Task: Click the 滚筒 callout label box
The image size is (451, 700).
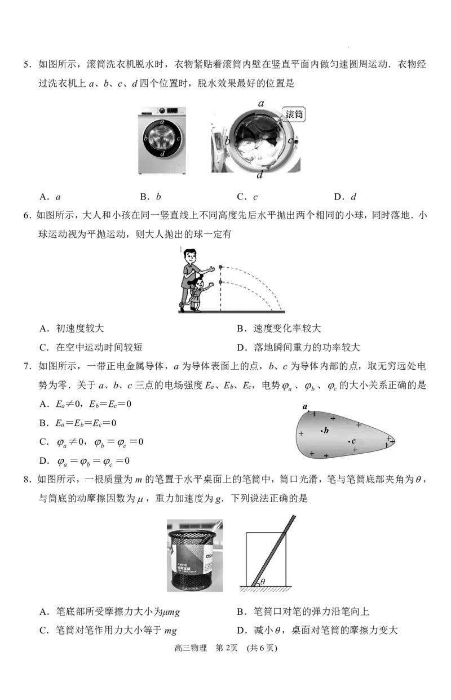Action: (x=294, y=114)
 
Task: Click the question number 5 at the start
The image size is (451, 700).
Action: (x=26, y=65)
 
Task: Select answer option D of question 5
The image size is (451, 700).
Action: (x=345, y=197)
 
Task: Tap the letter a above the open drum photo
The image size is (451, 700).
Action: (x=261, y=104)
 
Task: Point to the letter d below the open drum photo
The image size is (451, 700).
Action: (x=259, y=175)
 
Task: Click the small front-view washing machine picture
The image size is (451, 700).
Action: (x=162, y=140)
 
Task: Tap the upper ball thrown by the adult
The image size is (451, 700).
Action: (x=220, y=267)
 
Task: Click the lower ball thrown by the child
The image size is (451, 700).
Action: (x=220, y=282)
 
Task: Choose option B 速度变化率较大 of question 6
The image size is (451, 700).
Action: (x=279, y=329)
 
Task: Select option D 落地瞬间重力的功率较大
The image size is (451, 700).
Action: (x=298, y=347)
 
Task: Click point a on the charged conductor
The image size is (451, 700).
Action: (x=308, y=411)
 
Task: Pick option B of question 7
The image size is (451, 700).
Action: (x=78, y=423)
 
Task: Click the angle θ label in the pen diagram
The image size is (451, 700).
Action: (x=263, y=581)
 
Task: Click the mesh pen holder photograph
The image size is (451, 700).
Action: (x=194, y=555)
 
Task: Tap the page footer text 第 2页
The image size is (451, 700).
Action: (x=227, y=648)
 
